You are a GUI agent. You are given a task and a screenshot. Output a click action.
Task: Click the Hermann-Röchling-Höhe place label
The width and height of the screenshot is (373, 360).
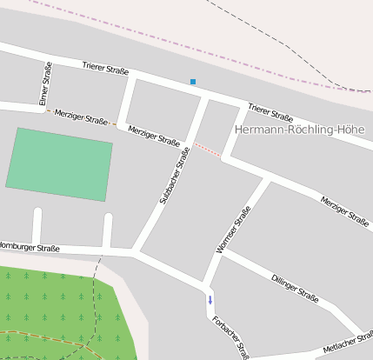point(299,130)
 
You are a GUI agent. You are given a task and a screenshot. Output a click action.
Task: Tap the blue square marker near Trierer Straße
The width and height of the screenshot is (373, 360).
point(193,82)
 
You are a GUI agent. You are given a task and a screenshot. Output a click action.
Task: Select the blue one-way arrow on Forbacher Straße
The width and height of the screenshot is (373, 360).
point(210,302)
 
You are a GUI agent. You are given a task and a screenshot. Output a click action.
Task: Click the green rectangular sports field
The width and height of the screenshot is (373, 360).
point(60,164)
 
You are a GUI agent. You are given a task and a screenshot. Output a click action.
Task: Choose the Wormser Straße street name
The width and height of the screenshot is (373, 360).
point(233,230)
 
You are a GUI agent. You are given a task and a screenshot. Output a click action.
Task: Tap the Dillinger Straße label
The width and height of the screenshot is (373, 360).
point(294,287)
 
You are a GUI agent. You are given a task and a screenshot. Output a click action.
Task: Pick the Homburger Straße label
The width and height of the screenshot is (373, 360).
point(31,248)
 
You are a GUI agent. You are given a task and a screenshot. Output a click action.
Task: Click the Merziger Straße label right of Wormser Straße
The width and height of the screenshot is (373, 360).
point(344,211)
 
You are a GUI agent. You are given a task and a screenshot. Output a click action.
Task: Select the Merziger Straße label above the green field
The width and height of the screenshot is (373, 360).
point(81,117)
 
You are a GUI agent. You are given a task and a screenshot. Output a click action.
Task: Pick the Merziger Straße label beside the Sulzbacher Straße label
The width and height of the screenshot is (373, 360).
point(154,135)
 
